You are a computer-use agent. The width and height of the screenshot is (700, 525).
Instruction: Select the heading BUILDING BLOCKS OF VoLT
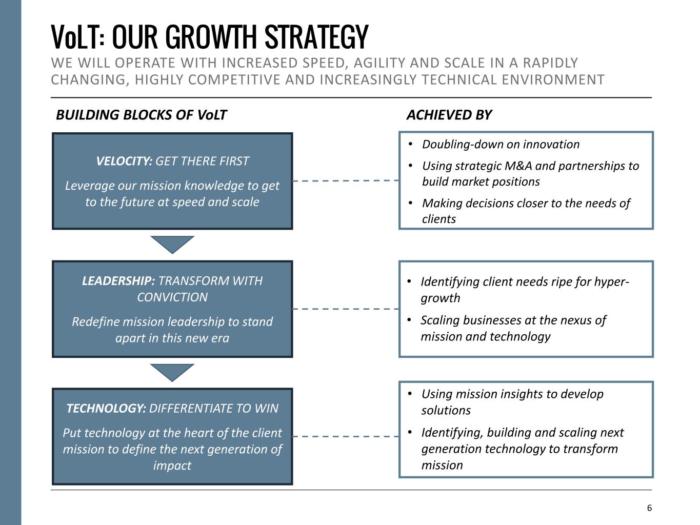[141, 115]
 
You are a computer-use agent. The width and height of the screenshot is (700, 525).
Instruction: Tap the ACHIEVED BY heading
[449, 115]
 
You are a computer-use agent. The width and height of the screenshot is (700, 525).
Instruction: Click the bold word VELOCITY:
[124, 161]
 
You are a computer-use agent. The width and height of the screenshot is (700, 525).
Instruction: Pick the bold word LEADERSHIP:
[118, 281]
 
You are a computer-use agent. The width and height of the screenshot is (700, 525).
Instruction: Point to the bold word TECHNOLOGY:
[106, 408]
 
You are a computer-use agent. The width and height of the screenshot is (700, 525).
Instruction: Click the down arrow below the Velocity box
[172, 245]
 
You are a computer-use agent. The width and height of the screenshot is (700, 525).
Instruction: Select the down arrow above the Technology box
[172, 373]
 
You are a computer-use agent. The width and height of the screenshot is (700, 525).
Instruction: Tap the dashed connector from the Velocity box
[346, 181]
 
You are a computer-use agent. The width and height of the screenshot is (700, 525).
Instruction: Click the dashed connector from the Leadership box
[346, 309]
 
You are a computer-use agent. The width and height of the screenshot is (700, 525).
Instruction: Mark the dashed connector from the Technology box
[346, 436]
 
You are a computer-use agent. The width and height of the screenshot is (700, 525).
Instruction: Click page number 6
[649, 508]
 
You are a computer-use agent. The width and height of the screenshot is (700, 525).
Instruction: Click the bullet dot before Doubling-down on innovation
[410, 145]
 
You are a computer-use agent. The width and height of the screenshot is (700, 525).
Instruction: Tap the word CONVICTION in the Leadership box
[172, 297]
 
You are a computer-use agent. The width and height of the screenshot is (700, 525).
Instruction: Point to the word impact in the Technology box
[172, 466]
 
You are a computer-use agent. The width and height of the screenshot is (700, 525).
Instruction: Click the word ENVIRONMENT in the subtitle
[553, 79]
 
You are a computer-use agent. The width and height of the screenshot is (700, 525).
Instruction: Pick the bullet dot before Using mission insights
[410, 394]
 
